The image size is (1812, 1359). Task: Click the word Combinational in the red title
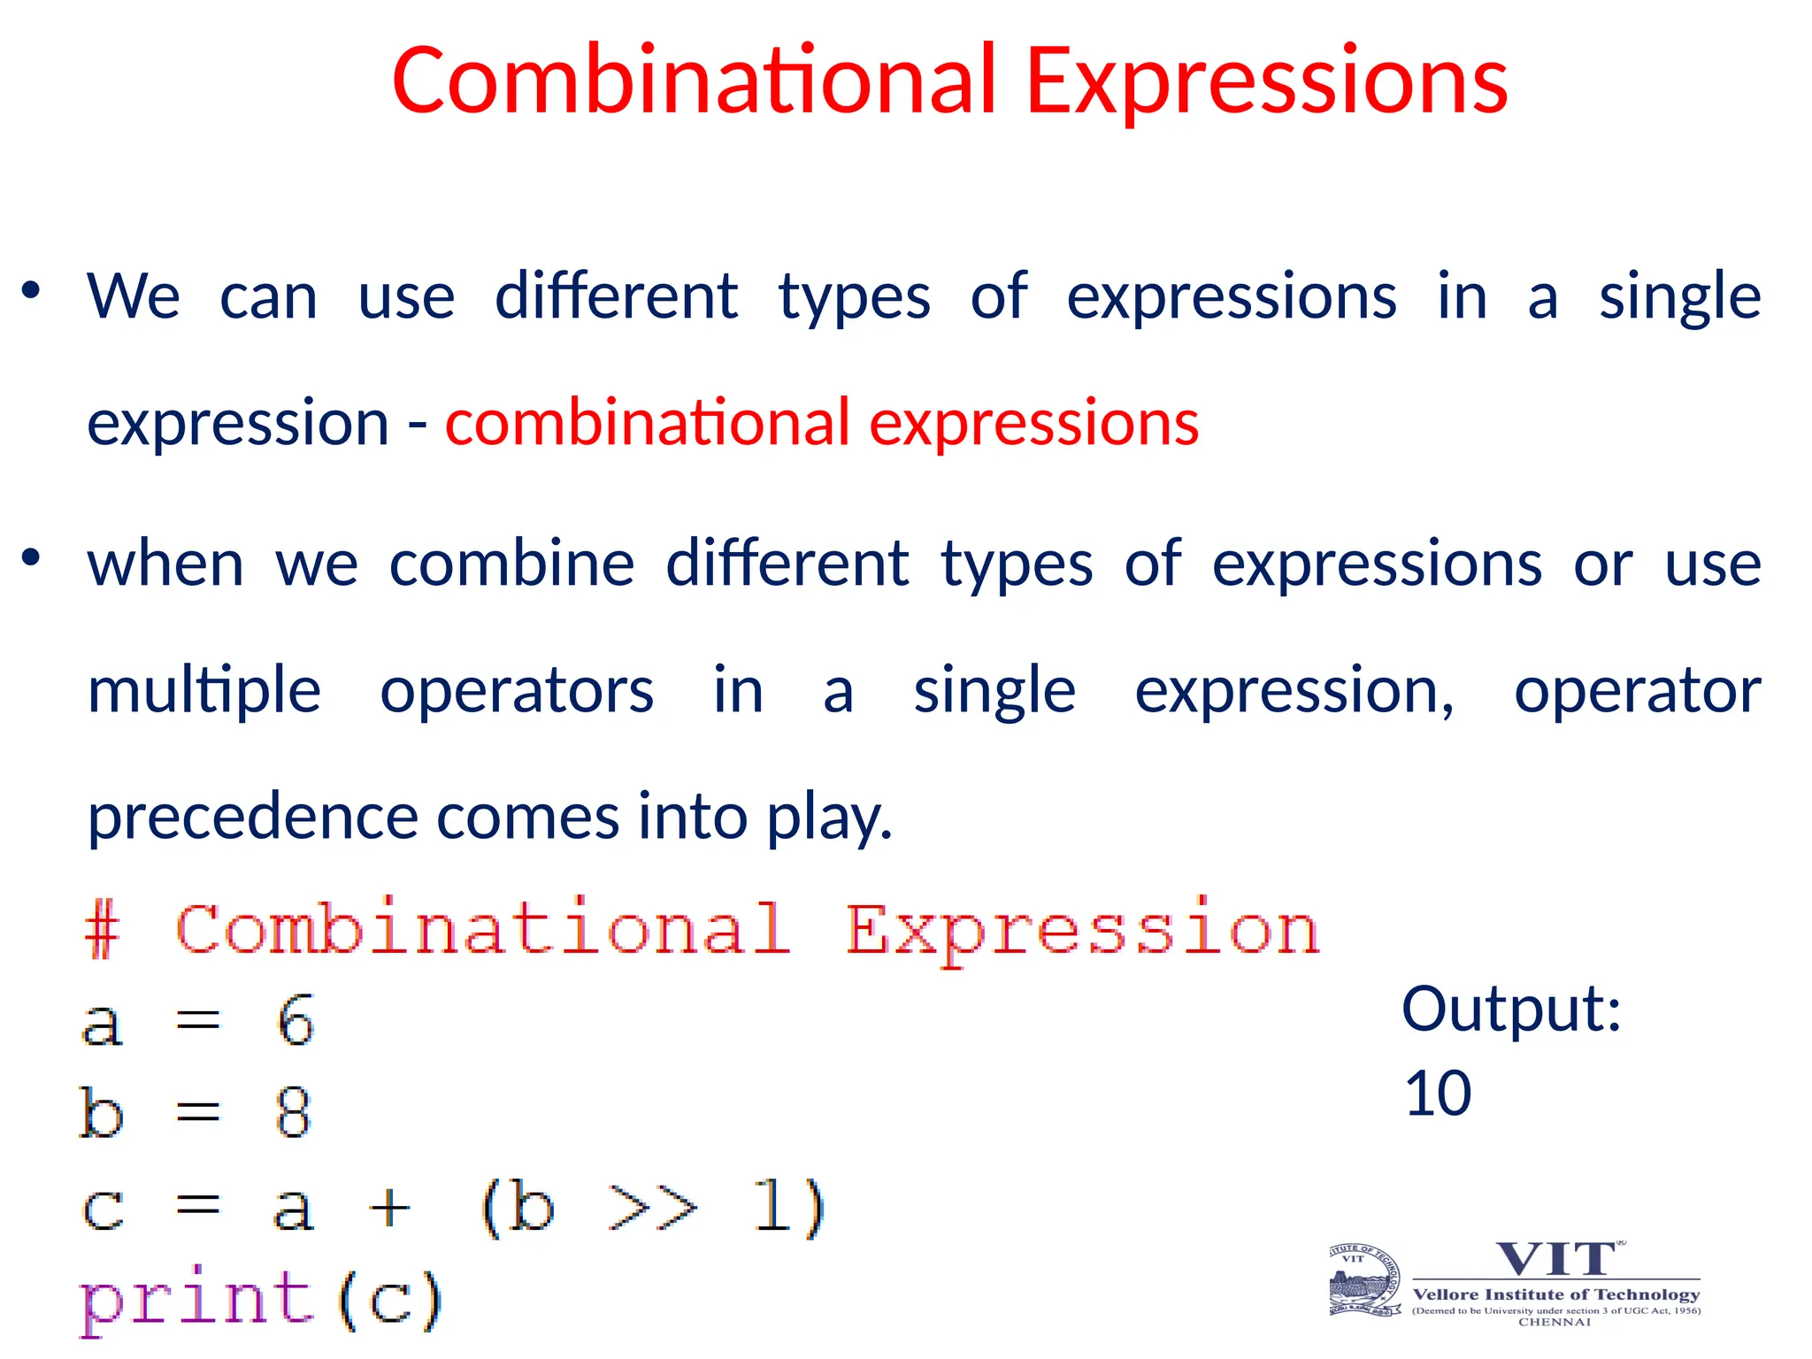(695, 81)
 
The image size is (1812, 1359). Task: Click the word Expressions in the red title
(1266, 81)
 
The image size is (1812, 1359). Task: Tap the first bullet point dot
(32, 290)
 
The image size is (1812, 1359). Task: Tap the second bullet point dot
(32, 557)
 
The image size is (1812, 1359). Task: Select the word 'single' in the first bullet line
(1678, 297)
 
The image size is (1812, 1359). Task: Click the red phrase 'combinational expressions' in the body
(821, 423)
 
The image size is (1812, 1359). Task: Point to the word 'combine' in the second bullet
(511, 564)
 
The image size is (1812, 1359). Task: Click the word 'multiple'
(203, 691)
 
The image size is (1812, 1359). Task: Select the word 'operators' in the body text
(517, 691)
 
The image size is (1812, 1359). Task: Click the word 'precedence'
(252, 818)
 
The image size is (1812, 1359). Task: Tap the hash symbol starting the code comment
(102, 931)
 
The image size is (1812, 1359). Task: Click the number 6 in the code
(295, 1021)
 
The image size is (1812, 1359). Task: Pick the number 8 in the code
(293, 1113)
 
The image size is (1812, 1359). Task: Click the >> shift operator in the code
(653, 1207)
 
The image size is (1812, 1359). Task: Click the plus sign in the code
(389, 1207)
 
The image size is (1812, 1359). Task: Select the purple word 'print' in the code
(196, 1301)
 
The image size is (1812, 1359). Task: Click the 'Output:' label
(1511, 1009)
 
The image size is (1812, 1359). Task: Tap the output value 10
(1438, 1094)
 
